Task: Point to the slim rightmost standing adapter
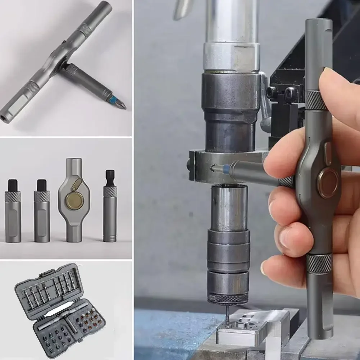tap(110, 212)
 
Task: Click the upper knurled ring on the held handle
tap(316, 101)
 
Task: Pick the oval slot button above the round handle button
tap(328, 149)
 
